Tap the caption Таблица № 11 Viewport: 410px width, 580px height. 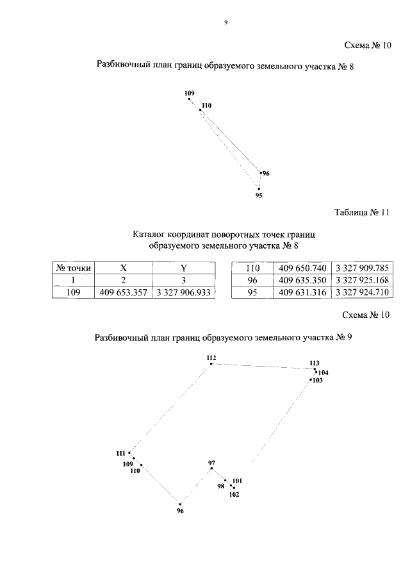click(362, 212)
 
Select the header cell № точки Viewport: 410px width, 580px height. click(72, 268)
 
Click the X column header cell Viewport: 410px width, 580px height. click(122, 268)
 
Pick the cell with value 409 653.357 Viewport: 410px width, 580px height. click(122, 293)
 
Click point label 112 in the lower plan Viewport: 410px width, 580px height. click(211, 357)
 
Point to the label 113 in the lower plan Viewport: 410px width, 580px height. click(314, 363)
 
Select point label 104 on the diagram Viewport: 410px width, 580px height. click(323, 372)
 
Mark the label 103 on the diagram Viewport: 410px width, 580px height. click(317, 381)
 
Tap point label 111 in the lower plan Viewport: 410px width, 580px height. click(121, 454)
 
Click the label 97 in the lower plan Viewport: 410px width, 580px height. click(212, 462)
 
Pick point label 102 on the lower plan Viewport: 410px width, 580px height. click(234, 494)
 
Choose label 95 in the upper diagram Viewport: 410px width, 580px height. click(259, 195)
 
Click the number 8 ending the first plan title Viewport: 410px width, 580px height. click(351, 66)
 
